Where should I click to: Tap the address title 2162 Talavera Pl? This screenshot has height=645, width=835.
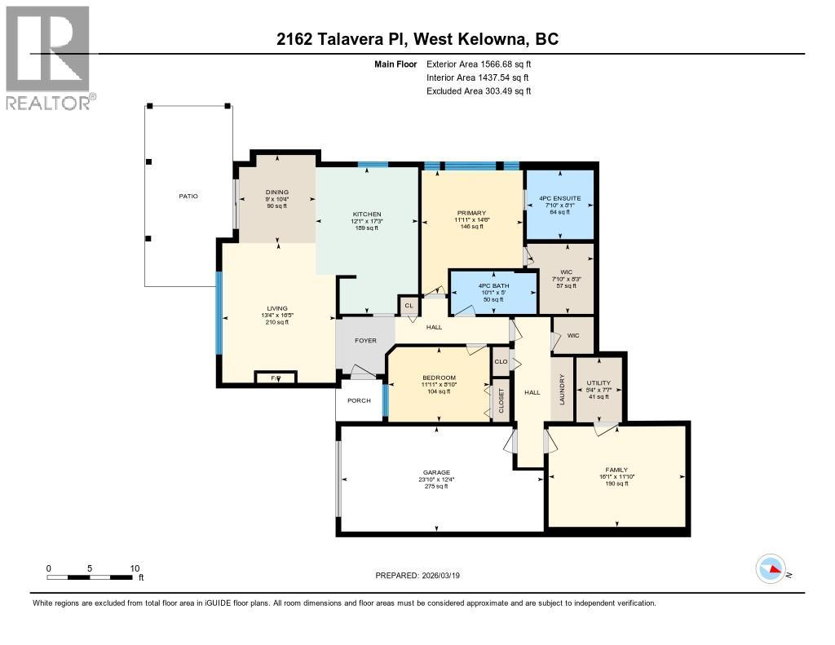(x=417, y=39)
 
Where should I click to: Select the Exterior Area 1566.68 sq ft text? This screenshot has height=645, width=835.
(x=479, y=64)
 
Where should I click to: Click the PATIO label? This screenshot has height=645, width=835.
(x=188, y=196)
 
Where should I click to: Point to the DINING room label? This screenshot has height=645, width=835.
(x=277, y=192)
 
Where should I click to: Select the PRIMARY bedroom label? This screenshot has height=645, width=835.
(x=471, y=214)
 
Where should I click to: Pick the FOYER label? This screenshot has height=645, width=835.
(x=365, y=340)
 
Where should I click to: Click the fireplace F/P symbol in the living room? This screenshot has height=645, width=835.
(x=274, y=378)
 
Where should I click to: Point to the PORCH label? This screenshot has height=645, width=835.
(x=359, y=400)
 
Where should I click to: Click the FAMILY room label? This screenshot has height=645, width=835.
(x=616, y=470)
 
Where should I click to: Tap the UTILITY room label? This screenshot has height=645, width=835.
(x=599, y=382)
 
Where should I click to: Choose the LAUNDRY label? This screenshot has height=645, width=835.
(x=561, y=390)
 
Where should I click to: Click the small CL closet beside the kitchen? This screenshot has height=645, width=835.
(x=409, y=306)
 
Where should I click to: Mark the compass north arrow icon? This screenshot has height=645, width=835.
(x=771, y=568)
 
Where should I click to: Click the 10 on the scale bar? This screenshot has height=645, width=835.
(x=135, y=569)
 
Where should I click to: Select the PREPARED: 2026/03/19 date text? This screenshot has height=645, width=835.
(x=422, y=575)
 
